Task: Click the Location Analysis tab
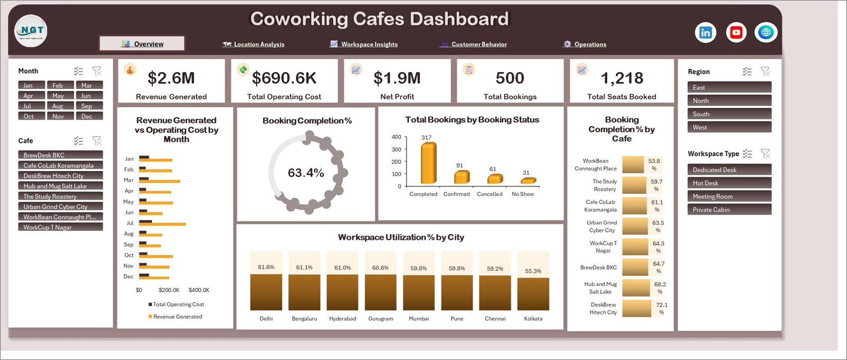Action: coord(254,44)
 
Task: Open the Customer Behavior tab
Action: coord(473,44)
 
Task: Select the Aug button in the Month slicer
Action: coord(60,106)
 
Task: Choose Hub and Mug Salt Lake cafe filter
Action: coord(60,186)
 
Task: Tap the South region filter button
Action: coord(729,114)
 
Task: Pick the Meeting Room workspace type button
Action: coord(729,196)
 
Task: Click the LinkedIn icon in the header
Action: coord(706,33)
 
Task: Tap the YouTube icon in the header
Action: coord(736,33)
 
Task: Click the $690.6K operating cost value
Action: coord(284,78)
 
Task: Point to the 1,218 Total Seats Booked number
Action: coord(622,78)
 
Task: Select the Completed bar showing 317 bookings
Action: coord(428,163)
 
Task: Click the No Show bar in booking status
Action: coord(528,181)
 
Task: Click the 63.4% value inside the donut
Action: coord(306,173)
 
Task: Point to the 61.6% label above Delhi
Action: coord(266,267)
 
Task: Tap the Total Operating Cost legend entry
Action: coord(176,304)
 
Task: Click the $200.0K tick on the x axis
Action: coord(169,290)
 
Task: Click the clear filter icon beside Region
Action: coord(765,71)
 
